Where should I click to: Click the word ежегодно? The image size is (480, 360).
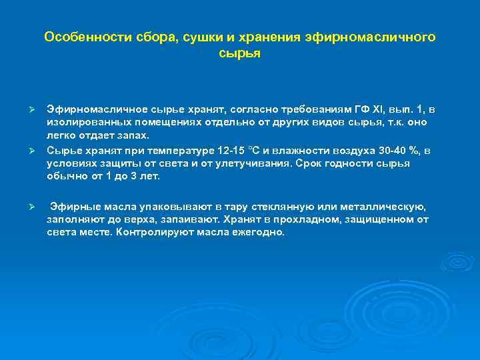pyautogui.click(x=256, y=232)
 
